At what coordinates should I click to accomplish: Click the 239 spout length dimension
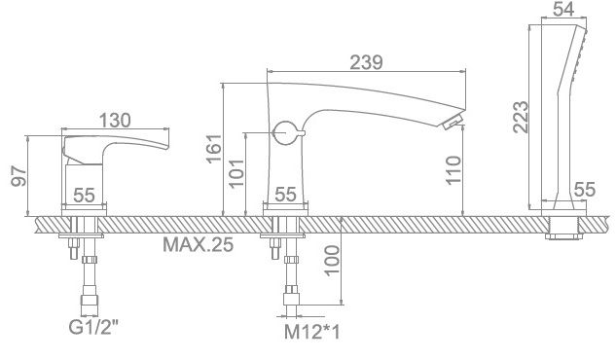pyautogui.click(x=366, y=63)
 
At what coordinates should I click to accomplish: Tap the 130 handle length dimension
pyautogui.click(x=115, y=120)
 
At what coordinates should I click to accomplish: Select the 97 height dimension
pyautogui.click(x=18, y=175)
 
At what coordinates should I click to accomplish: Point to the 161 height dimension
pyautogui.click(x=214, y=149)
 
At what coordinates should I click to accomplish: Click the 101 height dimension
pyautogui.click(x=236, y=173)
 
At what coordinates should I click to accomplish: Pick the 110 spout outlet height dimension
pyautogui.click(x=453, y=169)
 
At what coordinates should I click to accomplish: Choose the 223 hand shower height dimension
pyautogui.click(x=521, y=117)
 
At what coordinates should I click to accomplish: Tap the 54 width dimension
pyautogui.click(x=563, y=9)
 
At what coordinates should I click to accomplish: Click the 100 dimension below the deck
pyautogui.click(x=332, y=261)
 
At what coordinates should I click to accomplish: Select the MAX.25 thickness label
pyautogui.click(x=198, y=244)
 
